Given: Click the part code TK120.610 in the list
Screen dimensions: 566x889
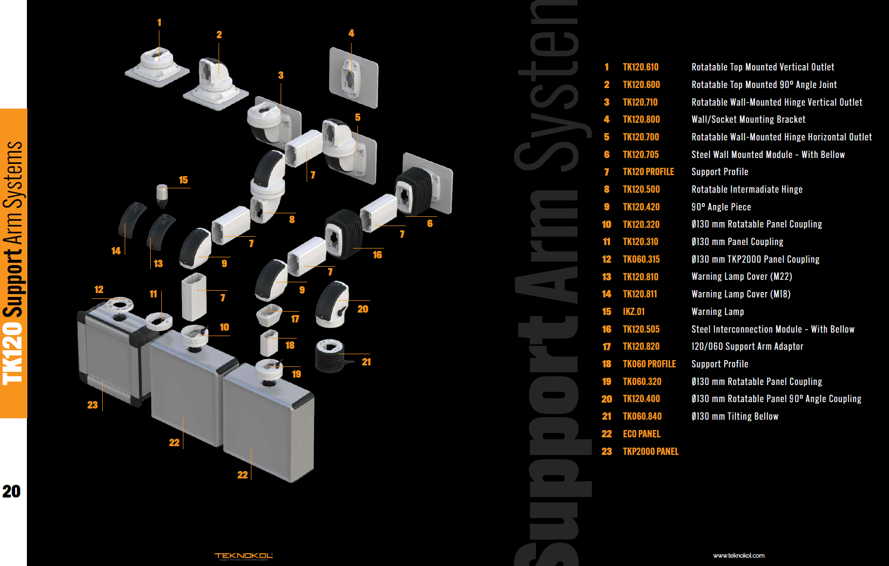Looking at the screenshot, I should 640,67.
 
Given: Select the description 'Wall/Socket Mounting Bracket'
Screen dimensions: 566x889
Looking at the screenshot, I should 748,119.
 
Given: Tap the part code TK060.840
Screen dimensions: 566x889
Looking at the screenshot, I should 642,416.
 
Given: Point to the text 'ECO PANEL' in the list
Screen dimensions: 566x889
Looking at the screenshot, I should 641,434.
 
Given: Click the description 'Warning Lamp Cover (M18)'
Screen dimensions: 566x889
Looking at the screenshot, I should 740,294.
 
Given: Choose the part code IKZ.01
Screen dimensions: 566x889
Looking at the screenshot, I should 633,312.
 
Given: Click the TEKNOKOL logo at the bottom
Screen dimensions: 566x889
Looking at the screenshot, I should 243,556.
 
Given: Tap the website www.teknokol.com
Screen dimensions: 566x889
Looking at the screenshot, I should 738,555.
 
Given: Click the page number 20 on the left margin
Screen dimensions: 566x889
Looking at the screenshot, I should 11,491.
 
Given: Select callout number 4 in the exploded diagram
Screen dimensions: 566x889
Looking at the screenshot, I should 351,33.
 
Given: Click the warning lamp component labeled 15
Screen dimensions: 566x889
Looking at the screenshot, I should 162,195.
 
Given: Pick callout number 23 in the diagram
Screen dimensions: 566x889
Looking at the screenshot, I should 92,405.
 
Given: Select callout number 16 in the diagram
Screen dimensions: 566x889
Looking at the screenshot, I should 377,255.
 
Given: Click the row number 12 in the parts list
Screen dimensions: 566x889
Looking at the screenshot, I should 606,259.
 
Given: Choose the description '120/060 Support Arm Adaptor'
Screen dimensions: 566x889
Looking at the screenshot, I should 747,346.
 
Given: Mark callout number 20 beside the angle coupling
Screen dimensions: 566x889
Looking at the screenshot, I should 362,309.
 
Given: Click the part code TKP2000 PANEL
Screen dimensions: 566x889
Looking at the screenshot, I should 650,452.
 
